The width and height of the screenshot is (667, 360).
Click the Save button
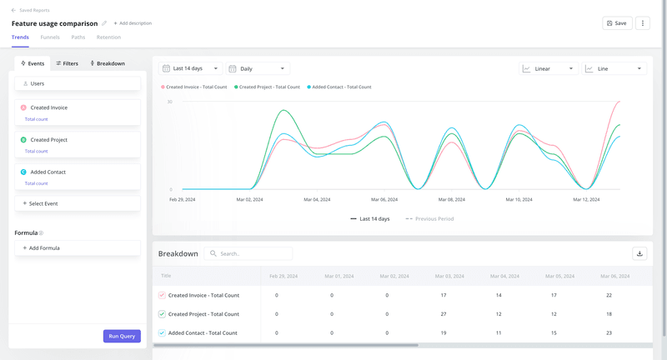tap(616, 23)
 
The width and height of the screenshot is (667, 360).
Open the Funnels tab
tap(49, 37)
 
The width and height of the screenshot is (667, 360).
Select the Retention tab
tap(108, 37)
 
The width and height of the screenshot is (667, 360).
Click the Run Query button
tap(122, 336)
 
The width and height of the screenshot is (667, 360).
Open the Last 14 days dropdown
tap(191, 68)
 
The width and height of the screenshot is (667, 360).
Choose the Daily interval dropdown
tap(258, 68)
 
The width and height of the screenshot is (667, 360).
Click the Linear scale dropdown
tap(548, 68)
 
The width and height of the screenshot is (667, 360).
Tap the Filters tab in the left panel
tap(67, 63)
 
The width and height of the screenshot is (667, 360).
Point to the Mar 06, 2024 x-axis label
tap(383, 200)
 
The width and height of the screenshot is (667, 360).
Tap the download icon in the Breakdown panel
tap(640, 253)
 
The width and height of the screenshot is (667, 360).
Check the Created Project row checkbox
tap(162, 314)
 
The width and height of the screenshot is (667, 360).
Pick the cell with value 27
tap(443, 314)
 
